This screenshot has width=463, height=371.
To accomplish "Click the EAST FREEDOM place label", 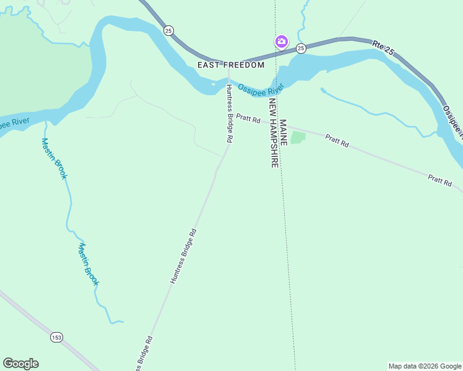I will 231,65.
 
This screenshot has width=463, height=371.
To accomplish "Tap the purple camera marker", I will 281,41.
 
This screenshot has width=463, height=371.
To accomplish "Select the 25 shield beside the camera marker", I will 301,48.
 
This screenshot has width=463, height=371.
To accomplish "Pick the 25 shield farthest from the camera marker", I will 168,30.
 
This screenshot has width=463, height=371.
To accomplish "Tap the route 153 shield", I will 57,337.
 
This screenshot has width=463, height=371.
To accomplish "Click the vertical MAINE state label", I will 283,132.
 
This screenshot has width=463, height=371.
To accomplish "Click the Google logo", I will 20,364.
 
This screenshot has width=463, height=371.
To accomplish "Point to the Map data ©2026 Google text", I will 425,366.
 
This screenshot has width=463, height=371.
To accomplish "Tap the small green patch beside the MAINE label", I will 298,137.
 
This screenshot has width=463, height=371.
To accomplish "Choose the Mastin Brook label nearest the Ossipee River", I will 54,158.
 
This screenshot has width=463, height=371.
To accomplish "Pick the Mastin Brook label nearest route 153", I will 88,264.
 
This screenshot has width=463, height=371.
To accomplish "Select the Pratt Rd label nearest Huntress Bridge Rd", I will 246,119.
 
